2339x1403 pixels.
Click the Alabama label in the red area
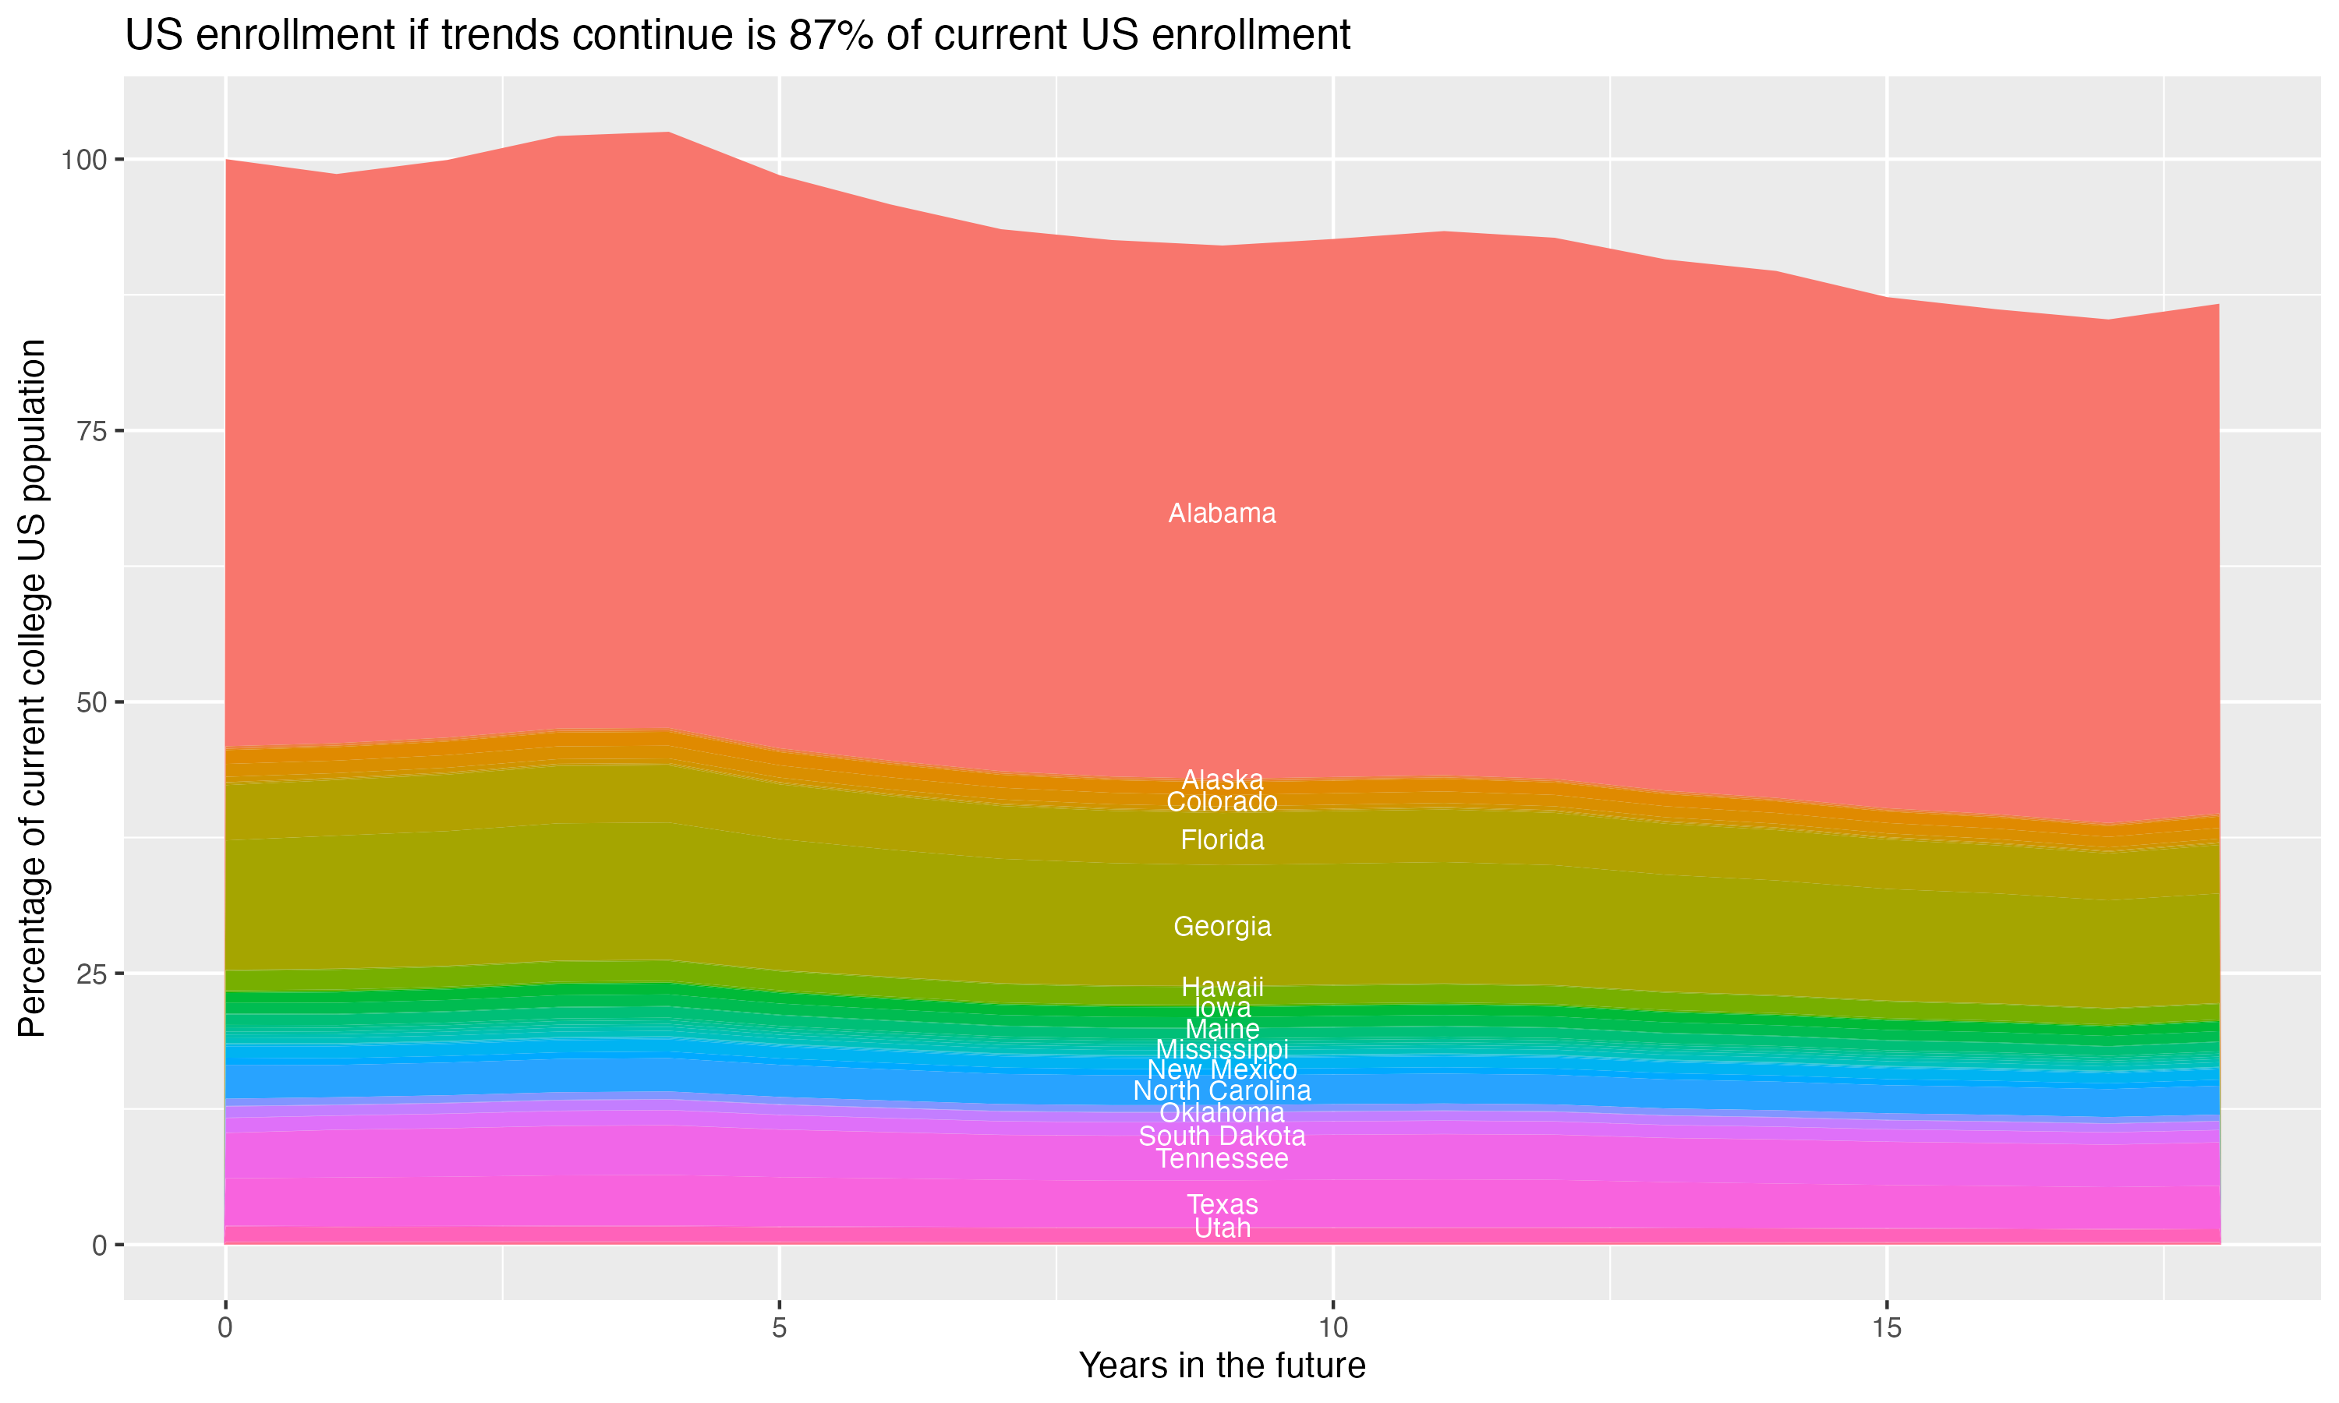(x=1222, y=514)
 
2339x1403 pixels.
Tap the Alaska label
(x=1222, y=780)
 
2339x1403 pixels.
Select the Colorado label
(x=1222, y=802)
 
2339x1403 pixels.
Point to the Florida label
(x=1222, y=839)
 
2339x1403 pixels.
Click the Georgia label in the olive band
(x=1222, y=927)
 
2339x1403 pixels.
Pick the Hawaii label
(x=1222, y=987)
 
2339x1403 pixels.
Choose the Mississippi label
(x=1222, y=1049)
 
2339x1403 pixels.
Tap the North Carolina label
(x=1222, y=1091)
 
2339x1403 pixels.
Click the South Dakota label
(x=1222, y=1136)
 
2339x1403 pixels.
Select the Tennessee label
(x=1222, y=1159)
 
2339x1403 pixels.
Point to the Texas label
(x=1222, y=1204)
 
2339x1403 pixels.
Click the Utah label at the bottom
(x=1222, y=1228)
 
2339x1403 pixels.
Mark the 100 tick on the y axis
(x=83, y=160)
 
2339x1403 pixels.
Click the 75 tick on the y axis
(x=90, y=431)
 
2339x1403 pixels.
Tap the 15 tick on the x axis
(x=1886, y=1328)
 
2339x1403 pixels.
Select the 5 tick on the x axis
(x=779, y=1328)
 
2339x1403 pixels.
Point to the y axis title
(x=32, y=688)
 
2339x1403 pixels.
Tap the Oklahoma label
(x=1222, y=1113)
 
